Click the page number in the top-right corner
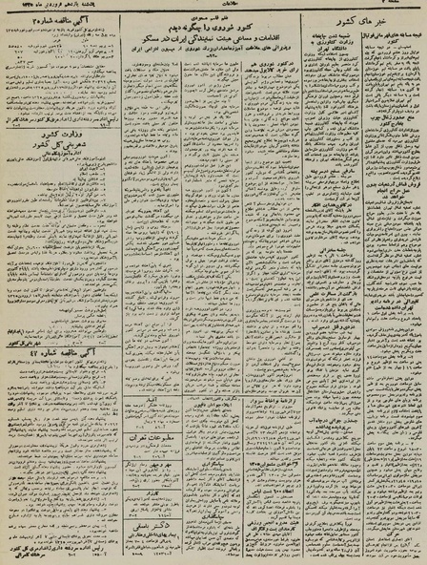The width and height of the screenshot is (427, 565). pos(404,8)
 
